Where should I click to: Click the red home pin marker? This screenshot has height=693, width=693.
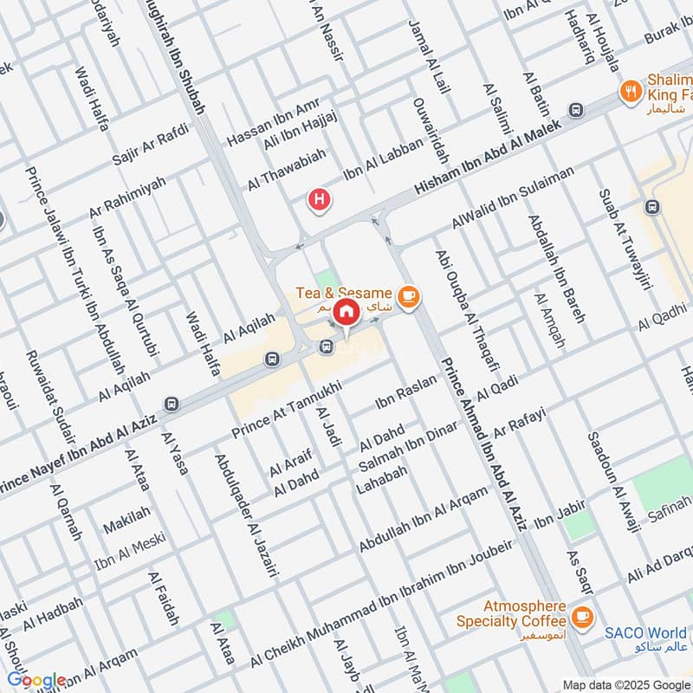[x=346, y=311]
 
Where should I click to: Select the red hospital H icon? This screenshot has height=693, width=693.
[x=321, y=201]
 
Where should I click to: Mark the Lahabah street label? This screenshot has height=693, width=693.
[x=381, y=481]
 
